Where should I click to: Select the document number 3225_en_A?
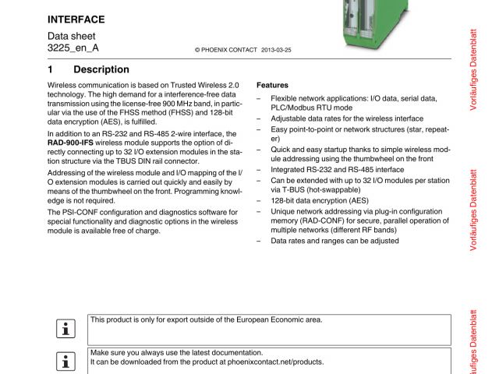click(73, 48)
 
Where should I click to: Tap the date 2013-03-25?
click(276, 49)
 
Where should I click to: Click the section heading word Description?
click(101, 69)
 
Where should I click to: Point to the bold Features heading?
click(272, 85)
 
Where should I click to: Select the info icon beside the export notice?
click(64, 328)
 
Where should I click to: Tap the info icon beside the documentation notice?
click(64, 360)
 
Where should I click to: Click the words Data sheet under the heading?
click(70, 36)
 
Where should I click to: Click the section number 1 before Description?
click(51, 69)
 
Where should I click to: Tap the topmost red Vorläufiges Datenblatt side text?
click(473, 69)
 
